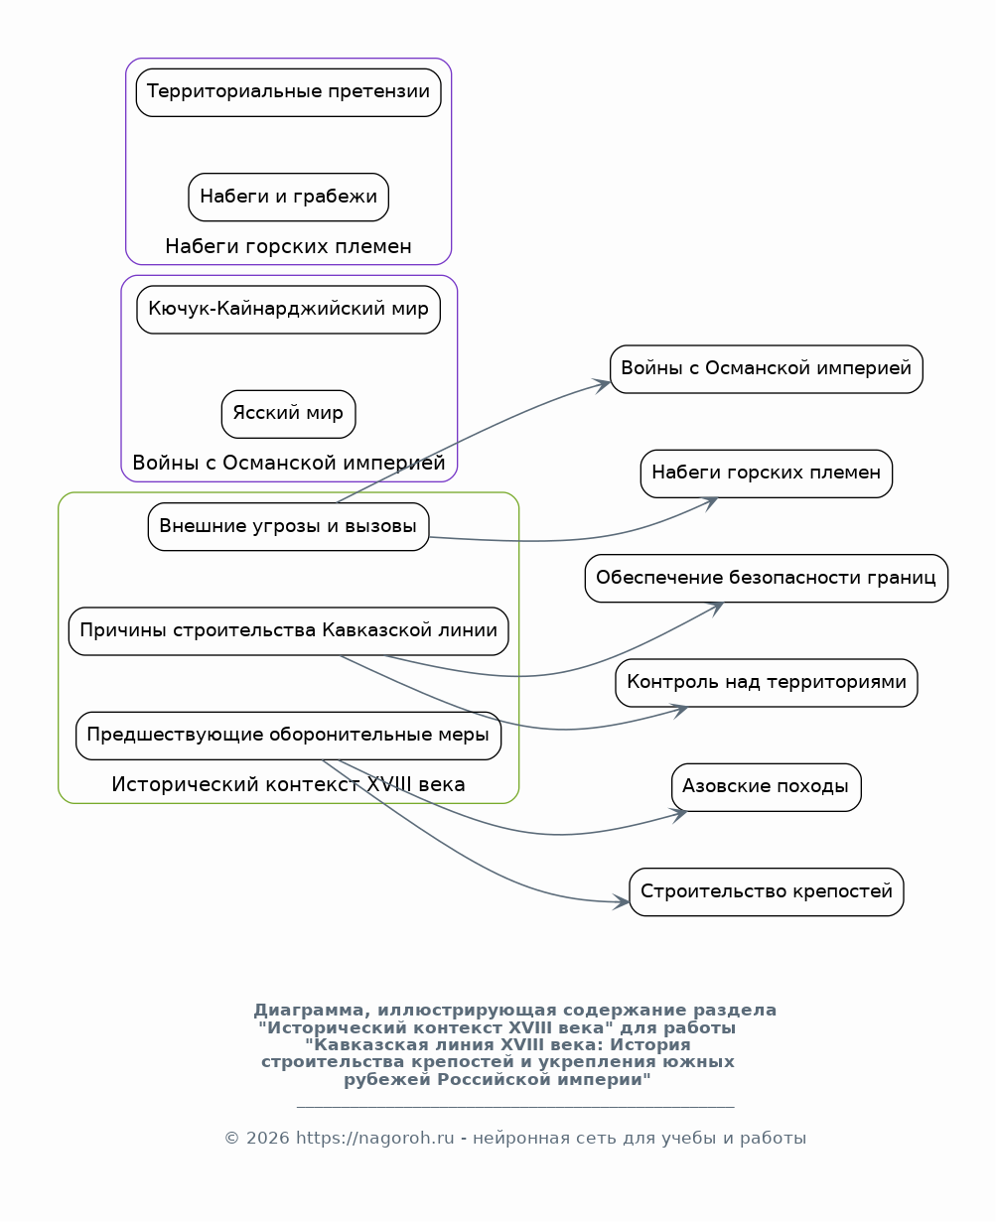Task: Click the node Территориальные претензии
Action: tap(288, 92)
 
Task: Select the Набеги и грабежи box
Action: tap(288, 197)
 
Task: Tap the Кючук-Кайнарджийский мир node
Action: tap(288, 310)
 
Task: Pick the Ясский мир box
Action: tap(288, 414)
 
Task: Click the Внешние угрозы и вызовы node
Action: tap(288, 526)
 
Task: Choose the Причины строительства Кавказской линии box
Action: tap(288, 630)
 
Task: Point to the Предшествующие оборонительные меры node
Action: tap(288, 735)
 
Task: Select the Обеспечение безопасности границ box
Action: tap(766, 578)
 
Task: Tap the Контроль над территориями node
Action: tap(766, 682)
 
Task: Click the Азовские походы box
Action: tap(766, 786)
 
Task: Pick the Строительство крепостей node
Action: tap(766, 891)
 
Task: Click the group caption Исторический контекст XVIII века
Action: tap(288, 784)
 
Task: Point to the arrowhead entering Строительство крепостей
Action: tap(623, 902)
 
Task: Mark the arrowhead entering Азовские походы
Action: tap(681, 815)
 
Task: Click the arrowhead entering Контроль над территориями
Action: tap(681, 710)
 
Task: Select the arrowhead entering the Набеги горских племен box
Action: tap(711, 502)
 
